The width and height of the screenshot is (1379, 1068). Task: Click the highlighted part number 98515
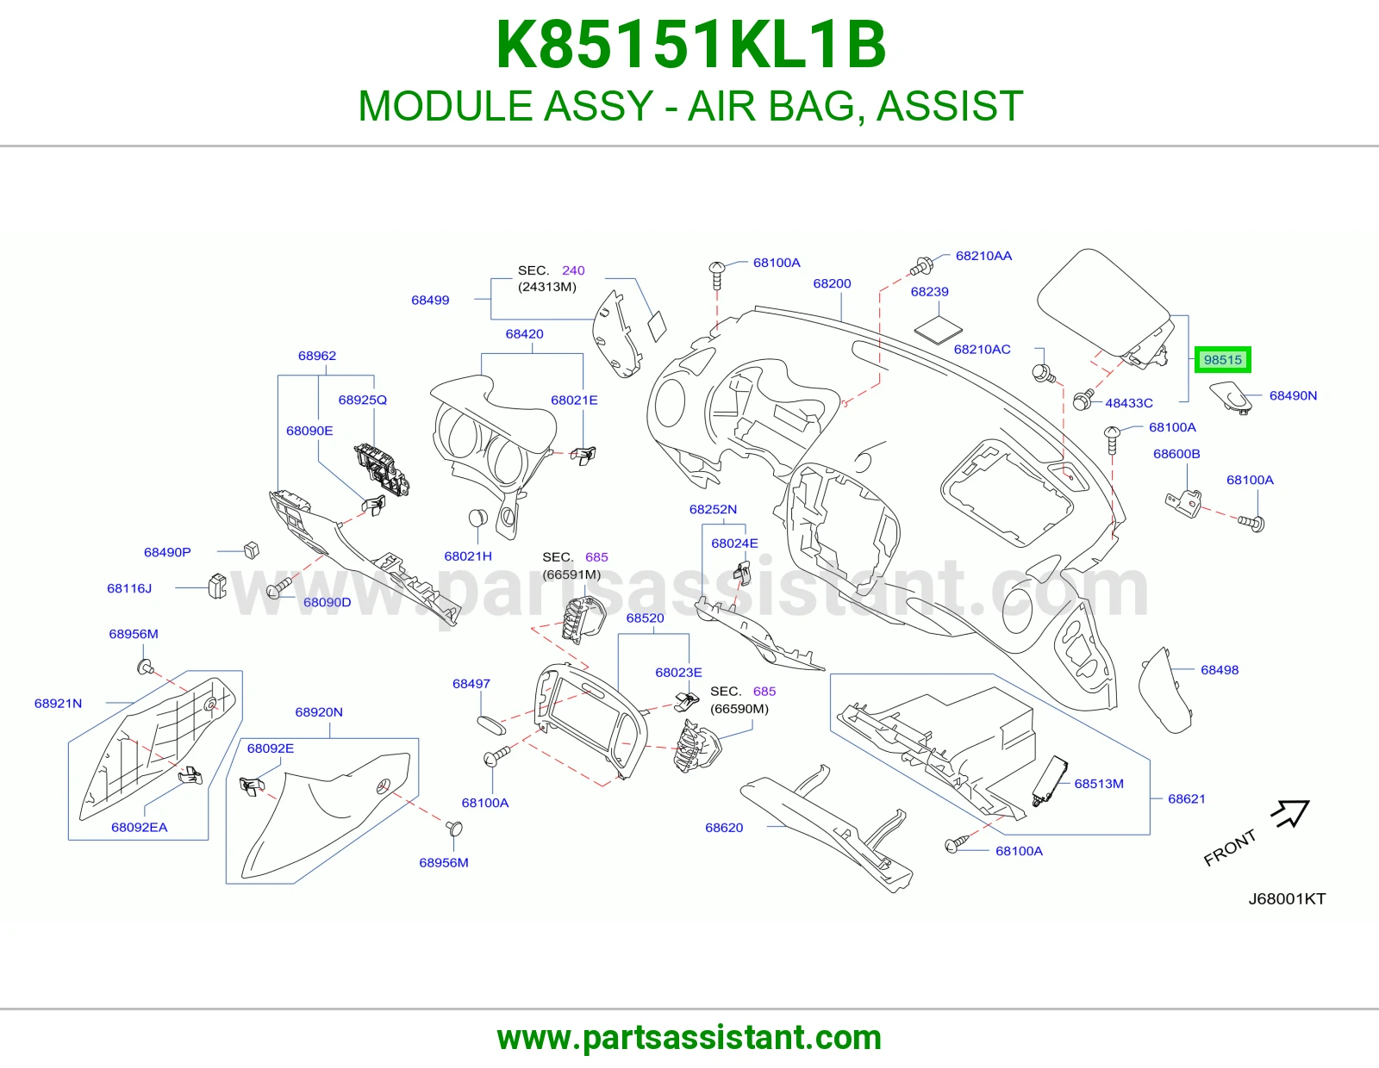pyautogui.click(x=1222, y=360)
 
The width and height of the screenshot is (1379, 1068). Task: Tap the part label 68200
pyautogui.click(x=832, y=283)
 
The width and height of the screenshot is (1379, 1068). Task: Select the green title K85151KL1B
pyautogui.click(x=690, y=45)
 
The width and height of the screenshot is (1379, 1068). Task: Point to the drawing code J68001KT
pyautogui.click(x=1287, y=898)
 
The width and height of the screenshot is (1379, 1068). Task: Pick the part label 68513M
pyautogui.click(x=1099, y=783)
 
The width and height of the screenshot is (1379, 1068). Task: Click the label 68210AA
pyautogui.click(x=983, y=256)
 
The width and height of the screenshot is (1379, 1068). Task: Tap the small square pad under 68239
pyautogui.click(x=938, y=331)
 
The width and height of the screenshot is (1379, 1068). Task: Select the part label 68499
pyautogui.click(x=429, y=300)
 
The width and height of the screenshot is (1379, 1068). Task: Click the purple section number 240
pyautogui.click(x=573, y=270)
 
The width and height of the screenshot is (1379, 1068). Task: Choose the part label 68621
pyautogui.click(x=1186, y=798)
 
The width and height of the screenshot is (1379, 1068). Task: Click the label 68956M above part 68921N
pyautogui.click(x=134, y=634)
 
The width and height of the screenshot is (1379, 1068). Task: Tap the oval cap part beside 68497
pyautogui.click(x=491, y=725)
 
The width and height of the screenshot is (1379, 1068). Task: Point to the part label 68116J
pyautogui.click(x=128, y=588)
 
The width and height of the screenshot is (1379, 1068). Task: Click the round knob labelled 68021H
pyautogui.click(x=477, y=517)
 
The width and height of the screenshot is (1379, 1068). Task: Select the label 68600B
pyautogui.click(x=1176, y=453)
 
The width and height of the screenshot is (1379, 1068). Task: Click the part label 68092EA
pyautogui.click(x=139, y=827)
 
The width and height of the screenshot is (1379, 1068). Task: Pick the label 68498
pyautogui.click(x=1219, y=670)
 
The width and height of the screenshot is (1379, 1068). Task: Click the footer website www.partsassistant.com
pyautogui.click(x=689, y=1038)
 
